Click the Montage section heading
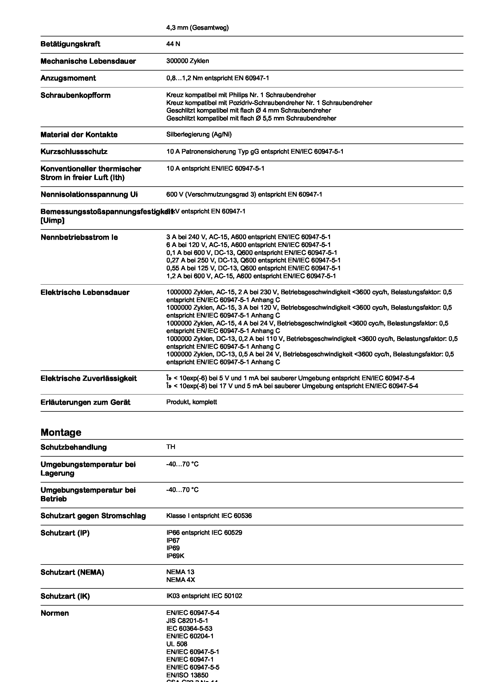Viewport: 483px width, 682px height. [61, 432]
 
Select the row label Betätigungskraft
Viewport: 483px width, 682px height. [70, 44]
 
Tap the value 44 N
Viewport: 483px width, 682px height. [173, 44]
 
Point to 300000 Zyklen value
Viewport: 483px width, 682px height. [187, 61]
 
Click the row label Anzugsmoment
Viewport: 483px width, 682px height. [68, 78]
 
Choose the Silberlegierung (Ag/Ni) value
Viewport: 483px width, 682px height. [199, 134]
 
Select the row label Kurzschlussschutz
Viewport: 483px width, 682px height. [74, 152]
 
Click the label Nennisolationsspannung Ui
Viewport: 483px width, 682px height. [89, 194]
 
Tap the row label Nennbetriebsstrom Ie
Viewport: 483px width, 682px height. [79, 237]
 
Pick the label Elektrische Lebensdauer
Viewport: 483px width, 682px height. [85, 292]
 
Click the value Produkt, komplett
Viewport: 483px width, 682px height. [192, 402]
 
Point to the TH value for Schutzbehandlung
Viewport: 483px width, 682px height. [171, 447]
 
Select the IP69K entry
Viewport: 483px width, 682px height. [175, 556]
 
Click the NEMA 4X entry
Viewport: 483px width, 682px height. [180, 580]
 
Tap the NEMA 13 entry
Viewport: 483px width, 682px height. [180, 572]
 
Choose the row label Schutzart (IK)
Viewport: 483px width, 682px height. [65, 596]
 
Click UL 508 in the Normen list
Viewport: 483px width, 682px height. [177, 644]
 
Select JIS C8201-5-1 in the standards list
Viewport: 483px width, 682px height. [187, 620]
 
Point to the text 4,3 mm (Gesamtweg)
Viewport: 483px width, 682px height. [197, 28]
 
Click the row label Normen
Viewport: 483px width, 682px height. [54, 613]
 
